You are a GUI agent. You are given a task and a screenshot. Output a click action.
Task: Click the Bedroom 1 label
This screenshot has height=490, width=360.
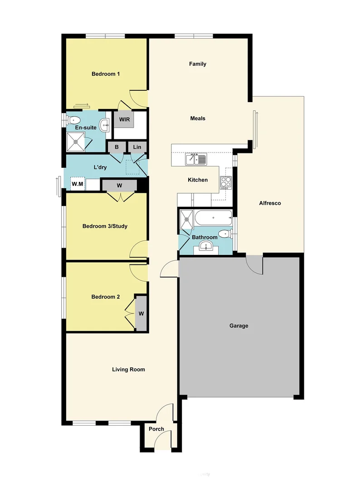click(x=105, y=74)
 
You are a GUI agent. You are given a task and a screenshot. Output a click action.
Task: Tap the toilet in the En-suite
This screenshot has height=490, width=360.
click(x=73, y=120)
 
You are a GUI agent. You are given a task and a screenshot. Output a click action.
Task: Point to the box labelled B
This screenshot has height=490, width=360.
click(x=117, y=147)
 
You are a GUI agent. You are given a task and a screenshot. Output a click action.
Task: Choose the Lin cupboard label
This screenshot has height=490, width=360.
click(x=137, y=147)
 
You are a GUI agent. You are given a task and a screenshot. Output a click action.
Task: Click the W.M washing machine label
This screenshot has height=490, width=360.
click(x=78, y=184)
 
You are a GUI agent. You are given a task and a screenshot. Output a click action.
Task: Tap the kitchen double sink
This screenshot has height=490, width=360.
click(x=196, y=159)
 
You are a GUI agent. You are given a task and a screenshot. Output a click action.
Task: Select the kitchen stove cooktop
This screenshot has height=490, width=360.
click(x=226, y=182)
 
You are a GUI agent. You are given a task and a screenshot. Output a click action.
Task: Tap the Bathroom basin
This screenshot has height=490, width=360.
click(x=206, y=247)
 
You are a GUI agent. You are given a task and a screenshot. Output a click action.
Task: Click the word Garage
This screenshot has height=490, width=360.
click(x=238, y=326)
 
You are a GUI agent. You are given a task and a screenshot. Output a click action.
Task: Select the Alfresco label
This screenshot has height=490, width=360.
click(x=270, y=203)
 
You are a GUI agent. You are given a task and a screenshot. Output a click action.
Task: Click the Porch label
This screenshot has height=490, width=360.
click(x=156, y=429)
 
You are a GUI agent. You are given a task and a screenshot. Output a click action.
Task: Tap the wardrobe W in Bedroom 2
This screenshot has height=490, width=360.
click(x=141, y=314)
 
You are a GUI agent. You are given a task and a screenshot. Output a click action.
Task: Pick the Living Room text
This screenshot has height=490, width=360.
click(x=128, y=369)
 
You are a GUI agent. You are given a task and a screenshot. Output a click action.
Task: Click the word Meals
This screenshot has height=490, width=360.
click(x=197, y=118)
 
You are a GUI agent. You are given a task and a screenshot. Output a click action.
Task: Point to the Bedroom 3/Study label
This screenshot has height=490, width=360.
click(x=105, y=226)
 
